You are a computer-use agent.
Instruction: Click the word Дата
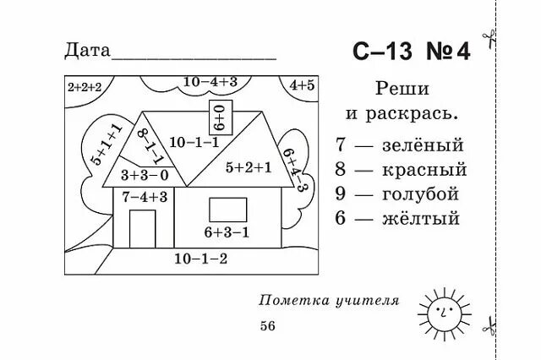[x=87, y=50]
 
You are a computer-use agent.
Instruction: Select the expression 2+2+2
[x=83, y=86]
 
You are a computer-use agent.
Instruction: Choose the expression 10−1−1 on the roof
[x=194, y=142]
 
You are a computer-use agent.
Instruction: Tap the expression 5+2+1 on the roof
[x=249, y=166]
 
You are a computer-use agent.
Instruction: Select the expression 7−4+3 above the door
[x=144, y=197]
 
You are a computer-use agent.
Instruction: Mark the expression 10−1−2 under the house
[x=200, y=258]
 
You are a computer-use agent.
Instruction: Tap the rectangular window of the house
[x=227, y=207]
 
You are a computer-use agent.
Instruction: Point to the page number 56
[x=267, y=326]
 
